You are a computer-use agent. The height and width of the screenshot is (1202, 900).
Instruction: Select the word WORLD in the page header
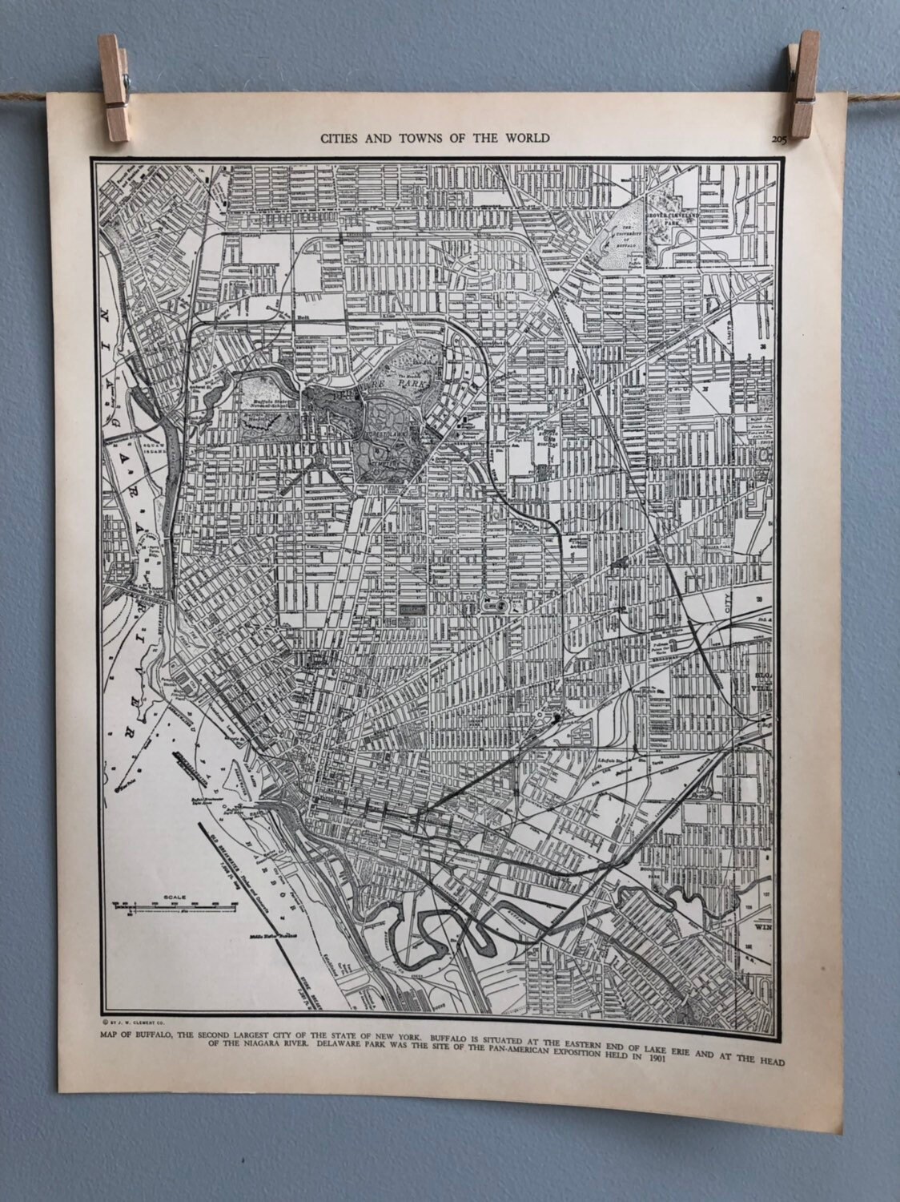click(x=526, y=138)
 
